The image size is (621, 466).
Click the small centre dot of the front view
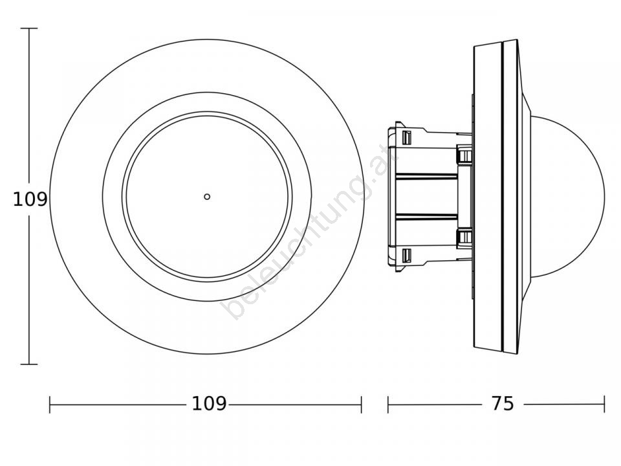coord(207,197)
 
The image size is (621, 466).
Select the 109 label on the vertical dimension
coord(30,199)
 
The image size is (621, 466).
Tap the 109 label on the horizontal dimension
coord(209,404)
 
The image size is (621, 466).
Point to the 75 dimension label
coord(503,404)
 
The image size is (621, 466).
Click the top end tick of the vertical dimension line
coord(29,28)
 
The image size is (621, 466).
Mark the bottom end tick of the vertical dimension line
coord(29,364)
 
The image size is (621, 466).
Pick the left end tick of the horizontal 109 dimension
coord(50,404)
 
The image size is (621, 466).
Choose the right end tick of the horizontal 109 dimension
coord(361,404)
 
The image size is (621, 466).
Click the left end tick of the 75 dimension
coord(388,404)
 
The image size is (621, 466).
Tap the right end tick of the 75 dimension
coord(604,404)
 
